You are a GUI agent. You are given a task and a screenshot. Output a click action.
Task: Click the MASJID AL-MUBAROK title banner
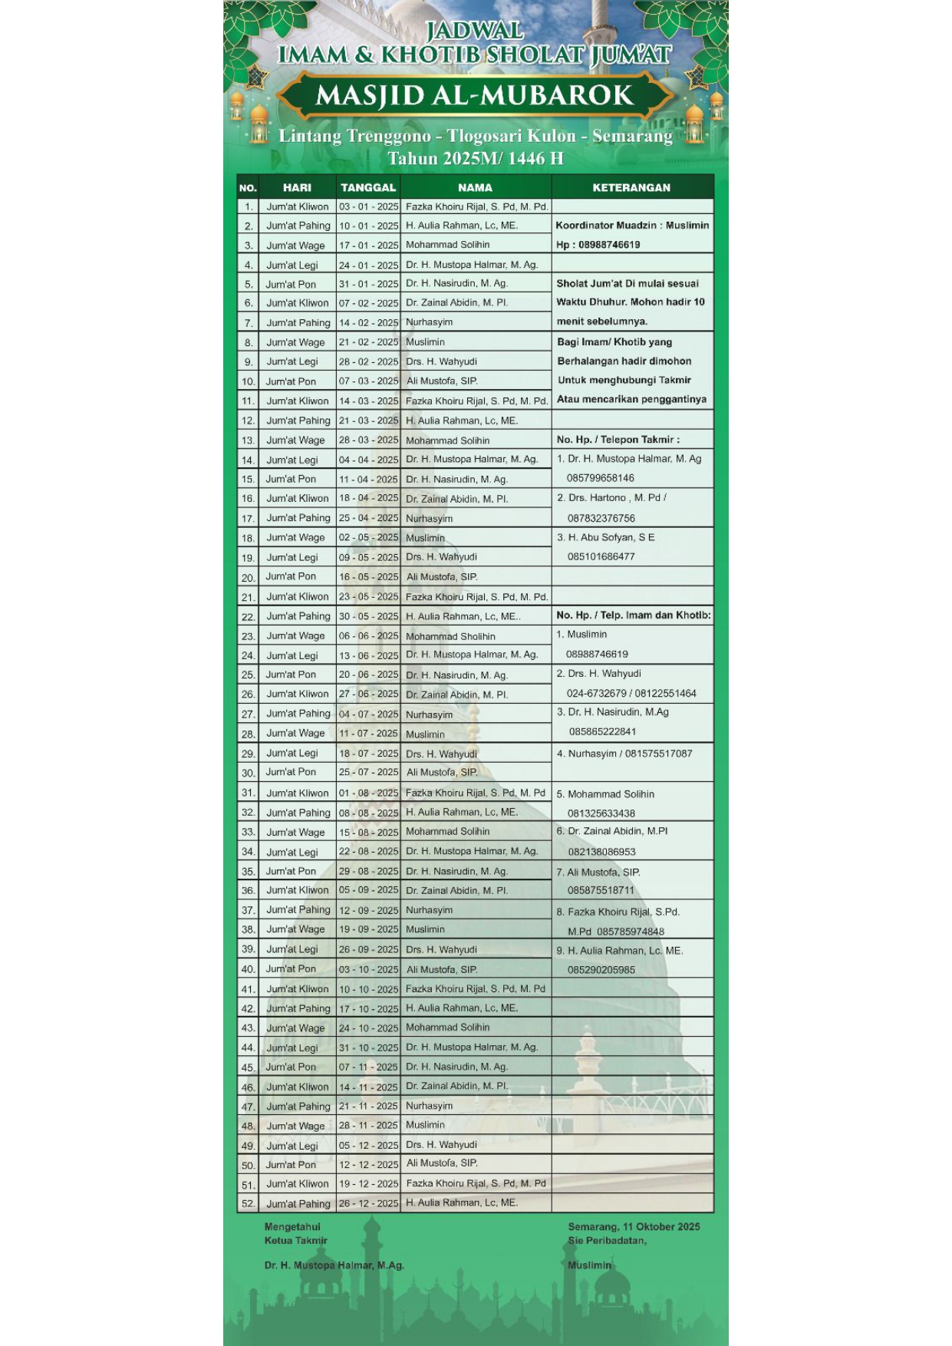475,96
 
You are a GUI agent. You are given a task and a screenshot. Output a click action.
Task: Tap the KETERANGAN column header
631,187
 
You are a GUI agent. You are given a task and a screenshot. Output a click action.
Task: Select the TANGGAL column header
368,187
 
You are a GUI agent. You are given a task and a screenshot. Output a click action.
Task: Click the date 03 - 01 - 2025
368,207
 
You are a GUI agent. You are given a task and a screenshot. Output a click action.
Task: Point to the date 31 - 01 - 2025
368,284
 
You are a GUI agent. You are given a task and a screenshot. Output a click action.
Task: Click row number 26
248,694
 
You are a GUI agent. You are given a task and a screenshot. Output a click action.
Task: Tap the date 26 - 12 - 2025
368,1203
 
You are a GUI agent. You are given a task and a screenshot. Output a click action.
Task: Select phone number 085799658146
601,478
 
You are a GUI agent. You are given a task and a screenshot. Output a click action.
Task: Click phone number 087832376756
601,518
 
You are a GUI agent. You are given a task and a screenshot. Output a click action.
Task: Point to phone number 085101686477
601,556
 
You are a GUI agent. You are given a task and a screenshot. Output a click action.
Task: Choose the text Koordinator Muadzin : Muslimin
632,226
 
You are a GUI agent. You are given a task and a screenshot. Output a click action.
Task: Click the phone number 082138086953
601,852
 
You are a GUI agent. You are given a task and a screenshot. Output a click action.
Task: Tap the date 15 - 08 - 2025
368,832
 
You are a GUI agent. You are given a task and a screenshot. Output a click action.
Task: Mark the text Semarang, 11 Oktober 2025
634,1226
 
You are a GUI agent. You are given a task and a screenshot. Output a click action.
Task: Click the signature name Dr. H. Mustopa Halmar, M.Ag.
334,1265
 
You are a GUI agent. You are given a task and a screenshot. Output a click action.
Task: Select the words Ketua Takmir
296,1240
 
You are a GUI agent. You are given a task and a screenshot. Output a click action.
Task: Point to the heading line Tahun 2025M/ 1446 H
475,159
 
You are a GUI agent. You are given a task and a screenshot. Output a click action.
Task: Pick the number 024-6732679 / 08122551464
631,693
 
